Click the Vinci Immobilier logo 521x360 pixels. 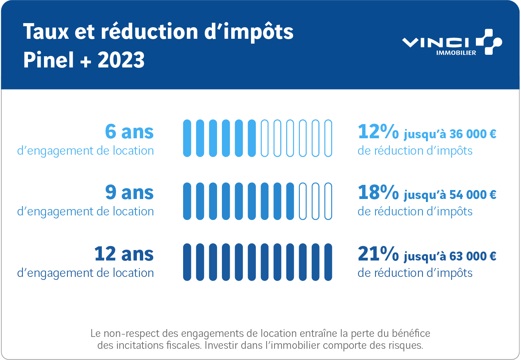452,42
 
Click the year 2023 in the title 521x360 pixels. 121,60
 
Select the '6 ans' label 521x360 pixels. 129,132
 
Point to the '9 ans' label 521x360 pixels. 129,192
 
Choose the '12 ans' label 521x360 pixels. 124,254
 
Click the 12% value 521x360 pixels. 378,132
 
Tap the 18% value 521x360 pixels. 378,192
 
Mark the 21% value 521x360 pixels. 378,254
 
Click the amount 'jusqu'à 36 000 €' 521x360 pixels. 450,134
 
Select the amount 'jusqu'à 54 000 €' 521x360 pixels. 450,195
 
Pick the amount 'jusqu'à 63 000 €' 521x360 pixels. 450,256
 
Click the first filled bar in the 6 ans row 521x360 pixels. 187,138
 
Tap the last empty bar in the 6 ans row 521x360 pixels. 328,138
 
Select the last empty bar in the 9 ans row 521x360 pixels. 328,201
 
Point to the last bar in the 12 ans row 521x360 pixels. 328,262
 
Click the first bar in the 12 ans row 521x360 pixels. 187,262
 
